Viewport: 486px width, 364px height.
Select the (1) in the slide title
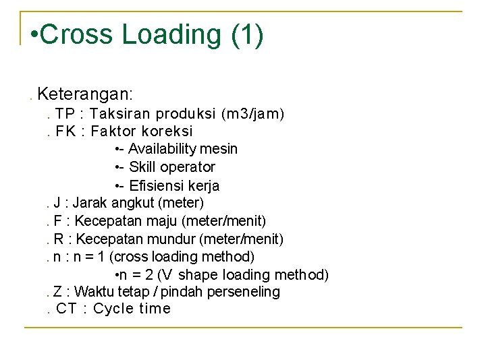[246, 34]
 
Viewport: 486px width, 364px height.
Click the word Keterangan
[85, 92]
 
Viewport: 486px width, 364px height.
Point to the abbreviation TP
[65, 113]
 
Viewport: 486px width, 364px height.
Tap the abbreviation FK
[65, 131]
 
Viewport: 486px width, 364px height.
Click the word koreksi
[167, 131]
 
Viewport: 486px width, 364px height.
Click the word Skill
[142, 167]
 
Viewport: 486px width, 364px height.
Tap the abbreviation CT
[66, 309]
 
